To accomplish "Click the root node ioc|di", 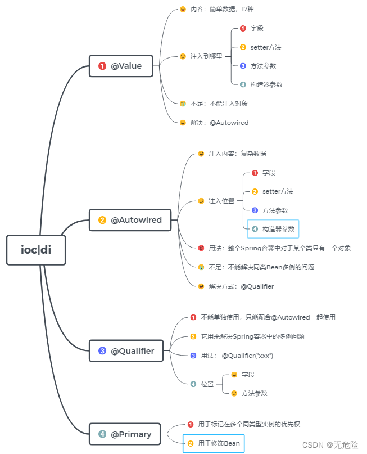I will point(36,250).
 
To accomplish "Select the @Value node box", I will point(121,66).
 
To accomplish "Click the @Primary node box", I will point(125,434).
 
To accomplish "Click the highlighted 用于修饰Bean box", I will point(214,443).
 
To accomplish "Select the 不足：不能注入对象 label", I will point(219,104).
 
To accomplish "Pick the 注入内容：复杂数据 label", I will point(237,154).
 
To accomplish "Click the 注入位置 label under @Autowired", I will point(221,201).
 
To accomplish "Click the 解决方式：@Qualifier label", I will point(241,286).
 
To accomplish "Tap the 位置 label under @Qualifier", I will point(207,384).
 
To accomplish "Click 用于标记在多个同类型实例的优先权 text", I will point(253,424).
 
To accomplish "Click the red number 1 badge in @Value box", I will point(102,66).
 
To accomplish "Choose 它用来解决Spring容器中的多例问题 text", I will point(253,336).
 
